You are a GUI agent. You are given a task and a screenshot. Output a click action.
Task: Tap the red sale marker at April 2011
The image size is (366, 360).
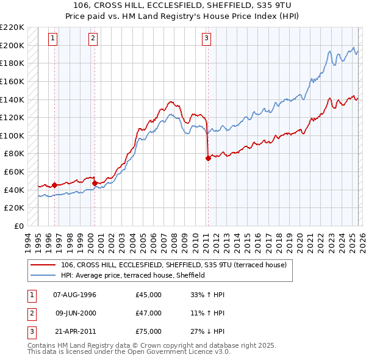coord(208,158)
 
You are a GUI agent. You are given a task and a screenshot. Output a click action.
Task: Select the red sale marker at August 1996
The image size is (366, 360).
coord(54,185)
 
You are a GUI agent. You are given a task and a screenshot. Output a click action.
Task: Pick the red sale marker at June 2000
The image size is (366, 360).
coord(95,183)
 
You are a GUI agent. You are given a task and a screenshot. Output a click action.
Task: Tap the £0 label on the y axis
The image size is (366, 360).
coord(18,226)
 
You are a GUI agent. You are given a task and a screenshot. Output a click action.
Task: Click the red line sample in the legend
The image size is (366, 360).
coord(43,265)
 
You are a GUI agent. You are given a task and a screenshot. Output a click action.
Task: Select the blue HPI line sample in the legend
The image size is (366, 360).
coord(43,275)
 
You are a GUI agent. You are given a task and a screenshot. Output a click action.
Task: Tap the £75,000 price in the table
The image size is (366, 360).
coord(149,331)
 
